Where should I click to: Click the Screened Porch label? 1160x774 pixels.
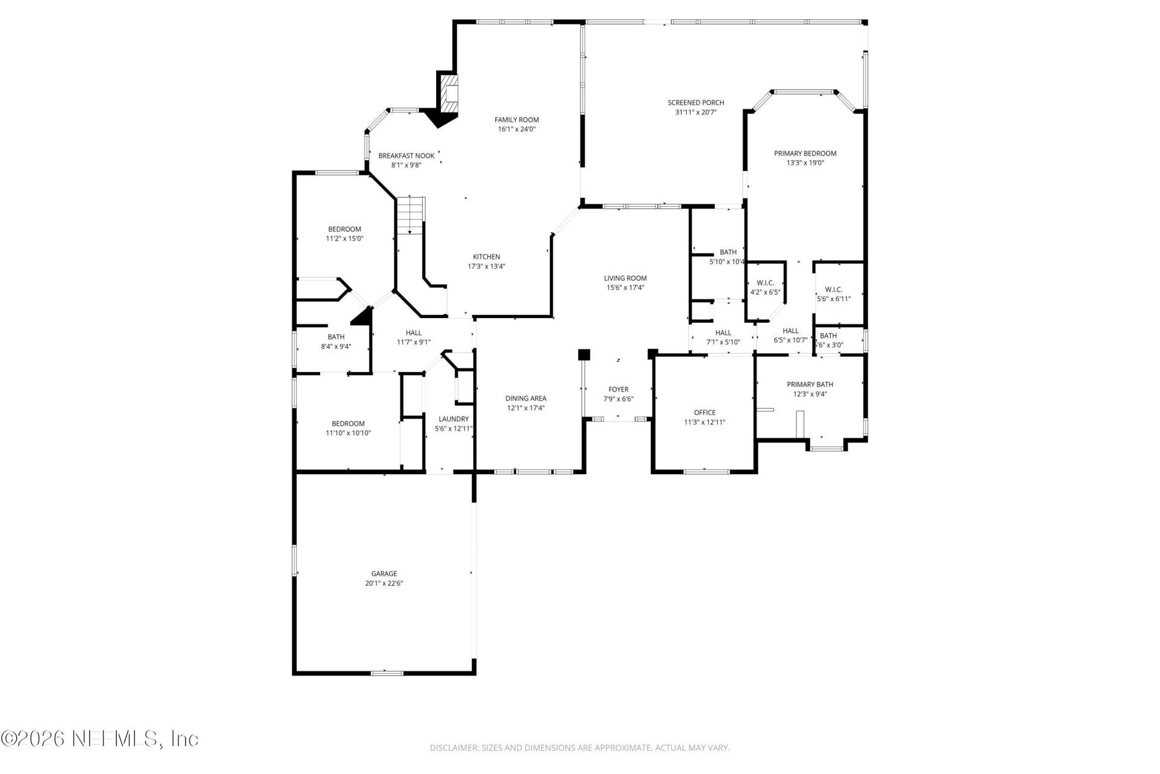[x=695, y=103]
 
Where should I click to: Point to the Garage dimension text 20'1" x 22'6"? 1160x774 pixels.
[x=384, y=584]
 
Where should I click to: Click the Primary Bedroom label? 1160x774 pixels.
[x=805, y=154]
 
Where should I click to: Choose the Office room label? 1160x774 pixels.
[x=704, y=413]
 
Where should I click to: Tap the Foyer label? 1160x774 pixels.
[x=618, y=389]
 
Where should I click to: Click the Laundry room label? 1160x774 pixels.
[x=453, y=419]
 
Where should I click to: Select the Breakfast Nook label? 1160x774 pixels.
[x=406, y=156]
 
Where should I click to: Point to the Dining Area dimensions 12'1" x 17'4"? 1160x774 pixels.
[x=526, y=408]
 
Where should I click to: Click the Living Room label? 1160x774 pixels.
[x=625, y=278]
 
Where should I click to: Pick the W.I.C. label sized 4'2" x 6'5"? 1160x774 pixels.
[x=765, y=283]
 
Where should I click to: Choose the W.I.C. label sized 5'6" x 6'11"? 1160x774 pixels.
[x=833, y=290]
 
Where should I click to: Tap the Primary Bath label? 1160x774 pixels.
[x=810, y=385]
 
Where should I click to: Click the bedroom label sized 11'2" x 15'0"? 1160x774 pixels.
[x=344, y=229]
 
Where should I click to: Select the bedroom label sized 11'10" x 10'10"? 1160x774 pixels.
[x=348, y=424]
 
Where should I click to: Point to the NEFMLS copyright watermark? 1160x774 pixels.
[x=100, y=739]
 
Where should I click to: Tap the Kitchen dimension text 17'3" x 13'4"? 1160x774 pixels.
[x=486, y=266]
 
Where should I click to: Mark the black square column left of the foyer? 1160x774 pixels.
[x=584, y=354]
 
